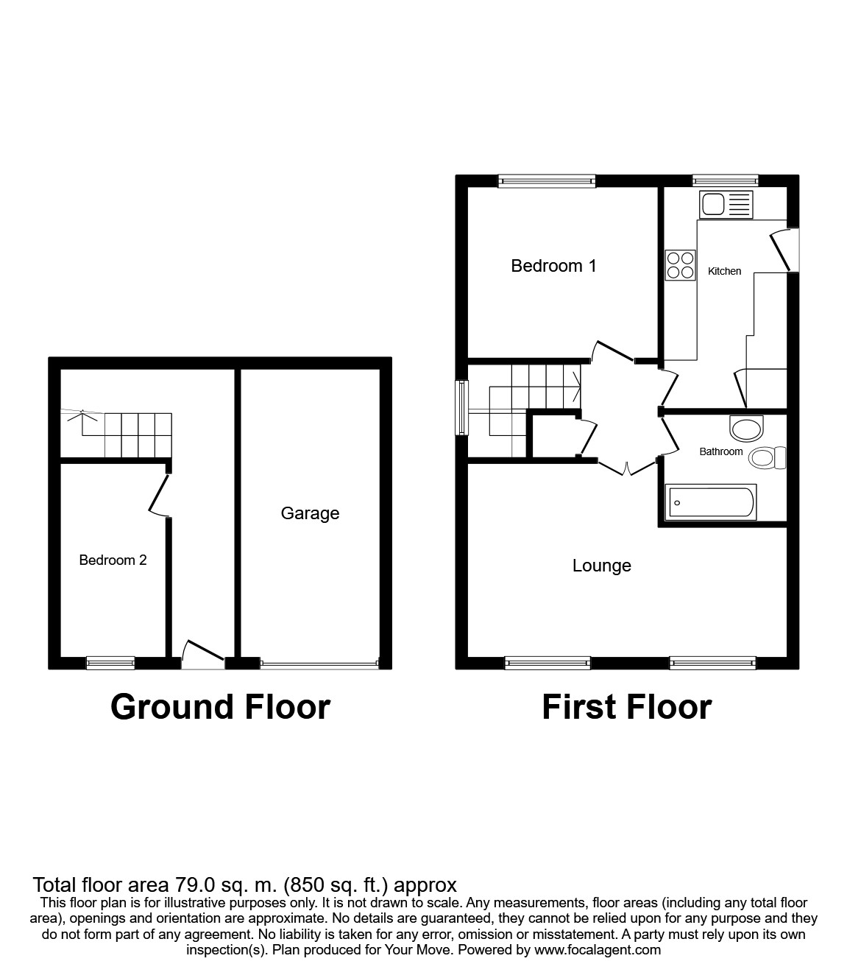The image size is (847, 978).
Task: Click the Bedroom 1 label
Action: (553, 266)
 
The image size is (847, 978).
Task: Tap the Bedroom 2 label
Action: (113, 560)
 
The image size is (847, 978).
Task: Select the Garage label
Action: (310, 513)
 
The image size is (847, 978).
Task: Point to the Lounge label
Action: (601, 566)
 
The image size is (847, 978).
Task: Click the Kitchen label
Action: (724, 271)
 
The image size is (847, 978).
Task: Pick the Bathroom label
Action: (720, 451)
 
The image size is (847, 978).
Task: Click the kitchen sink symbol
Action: (726, 204)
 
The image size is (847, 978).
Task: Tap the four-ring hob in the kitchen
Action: (680, 265)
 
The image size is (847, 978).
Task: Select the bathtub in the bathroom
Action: (709, 502)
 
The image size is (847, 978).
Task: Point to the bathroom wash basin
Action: (747, 427)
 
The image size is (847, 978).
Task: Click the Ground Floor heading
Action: (220, 707)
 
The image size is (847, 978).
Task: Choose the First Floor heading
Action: (626, 707)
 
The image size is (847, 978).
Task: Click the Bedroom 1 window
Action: (546, 180)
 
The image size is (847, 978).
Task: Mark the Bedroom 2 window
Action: (110, 663)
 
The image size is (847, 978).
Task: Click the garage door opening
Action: (319, 664)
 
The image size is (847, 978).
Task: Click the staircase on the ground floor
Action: (137, 435)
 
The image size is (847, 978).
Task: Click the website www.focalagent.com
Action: (598, 950)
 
